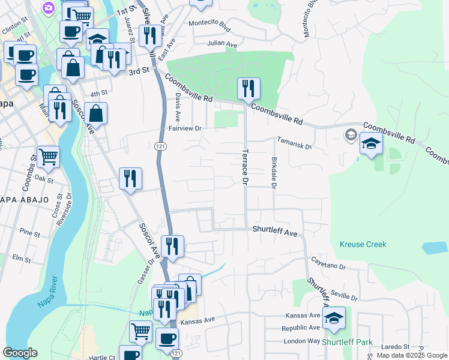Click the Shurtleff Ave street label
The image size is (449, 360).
[x=275, y=230]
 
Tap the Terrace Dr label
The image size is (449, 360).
[x=245, y=166]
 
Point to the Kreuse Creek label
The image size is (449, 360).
[x=363, y=244]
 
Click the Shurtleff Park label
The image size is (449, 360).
[x=347, y=343]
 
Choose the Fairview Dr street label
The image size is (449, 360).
[x=184, y=128]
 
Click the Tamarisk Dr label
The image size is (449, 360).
[x=294, y=143]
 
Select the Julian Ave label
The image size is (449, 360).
[x=222, y=44]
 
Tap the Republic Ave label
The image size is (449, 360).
[x=301, y=328]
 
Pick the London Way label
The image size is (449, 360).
[x=301, y=341]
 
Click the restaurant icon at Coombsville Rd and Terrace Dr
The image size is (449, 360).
[x=248, y=89]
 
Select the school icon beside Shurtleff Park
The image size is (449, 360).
[x=334, y=318]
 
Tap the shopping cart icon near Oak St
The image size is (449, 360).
[x=48, y=157]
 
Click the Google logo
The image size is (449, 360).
[x=20, y=353]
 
